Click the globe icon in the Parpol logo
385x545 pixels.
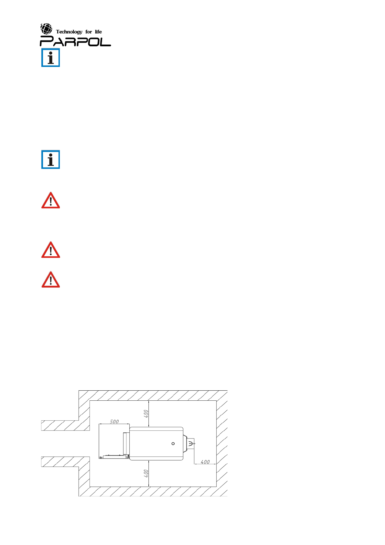coord(46,29)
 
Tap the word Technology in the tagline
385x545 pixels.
coord(69,32)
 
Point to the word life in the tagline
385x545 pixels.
coord(98,32)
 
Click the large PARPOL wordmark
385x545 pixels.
coord(75,41)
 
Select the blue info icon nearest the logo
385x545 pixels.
coord(51,58)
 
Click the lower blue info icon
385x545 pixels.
coord(51,160)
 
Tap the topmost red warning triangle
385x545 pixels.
coord(51,201)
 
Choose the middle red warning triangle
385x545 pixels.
coord(51,250)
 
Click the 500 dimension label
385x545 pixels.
coord(114,421)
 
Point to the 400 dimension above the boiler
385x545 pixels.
coord(146,414)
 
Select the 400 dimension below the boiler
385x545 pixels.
coord(146,473)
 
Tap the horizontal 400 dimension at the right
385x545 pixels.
coord(205,462)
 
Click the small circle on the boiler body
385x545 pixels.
coord(173,443)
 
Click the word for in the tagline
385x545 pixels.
coord(89,32)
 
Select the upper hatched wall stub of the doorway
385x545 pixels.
coord(65,426)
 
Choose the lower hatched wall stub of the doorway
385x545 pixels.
coord(65,462)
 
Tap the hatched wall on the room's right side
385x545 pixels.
coord(222,443)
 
